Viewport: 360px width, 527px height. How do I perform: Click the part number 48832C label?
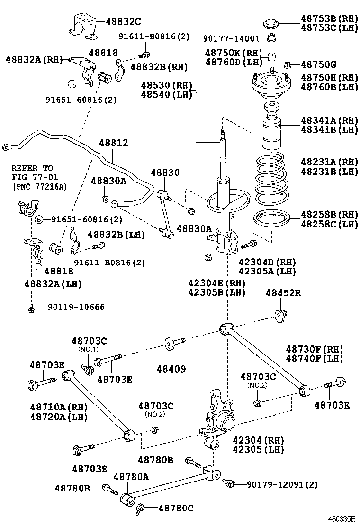click(123, 21)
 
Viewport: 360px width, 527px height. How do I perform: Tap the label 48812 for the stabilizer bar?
click(113, 143)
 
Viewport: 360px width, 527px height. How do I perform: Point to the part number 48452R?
click(283, 293)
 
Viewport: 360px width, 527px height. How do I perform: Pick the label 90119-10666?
click(76, 307)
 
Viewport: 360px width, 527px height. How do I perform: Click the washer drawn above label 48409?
click(169, 343)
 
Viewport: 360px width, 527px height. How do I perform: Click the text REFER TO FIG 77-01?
click(32, 173)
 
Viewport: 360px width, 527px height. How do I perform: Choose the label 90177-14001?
click(231, 38)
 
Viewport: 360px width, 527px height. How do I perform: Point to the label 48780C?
click(176, 508)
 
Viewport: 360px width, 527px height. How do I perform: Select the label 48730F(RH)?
click(314, 349)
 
